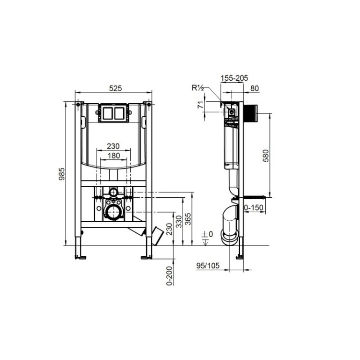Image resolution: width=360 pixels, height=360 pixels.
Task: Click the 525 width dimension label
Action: tap(115, 88)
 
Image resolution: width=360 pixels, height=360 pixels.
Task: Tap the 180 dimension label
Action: tap(114, 156)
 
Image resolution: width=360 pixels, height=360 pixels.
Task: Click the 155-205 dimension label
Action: tap(234, 78)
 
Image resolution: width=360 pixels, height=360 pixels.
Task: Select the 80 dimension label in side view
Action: tap(255, 88)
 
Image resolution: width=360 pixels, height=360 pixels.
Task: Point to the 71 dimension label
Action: tap(201, 105)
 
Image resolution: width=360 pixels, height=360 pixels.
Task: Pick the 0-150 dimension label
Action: tap(254, 207)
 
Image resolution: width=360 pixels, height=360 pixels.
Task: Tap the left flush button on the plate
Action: tap(107, 113)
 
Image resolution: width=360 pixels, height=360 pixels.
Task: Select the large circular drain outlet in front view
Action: tap(114, 212)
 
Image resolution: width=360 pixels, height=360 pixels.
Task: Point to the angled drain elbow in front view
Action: tap(155, 234)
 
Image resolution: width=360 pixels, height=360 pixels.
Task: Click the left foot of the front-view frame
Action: tap(80, 257)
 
